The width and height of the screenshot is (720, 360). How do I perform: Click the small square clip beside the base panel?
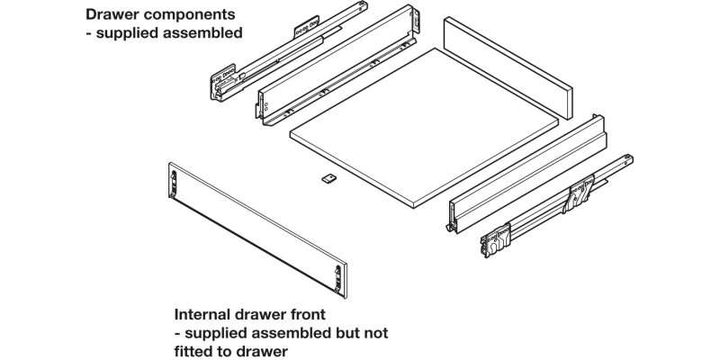pyautogui.click(x=328, y=178)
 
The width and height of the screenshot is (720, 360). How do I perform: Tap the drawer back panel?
pyautogui.click(x=508, y=73)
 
